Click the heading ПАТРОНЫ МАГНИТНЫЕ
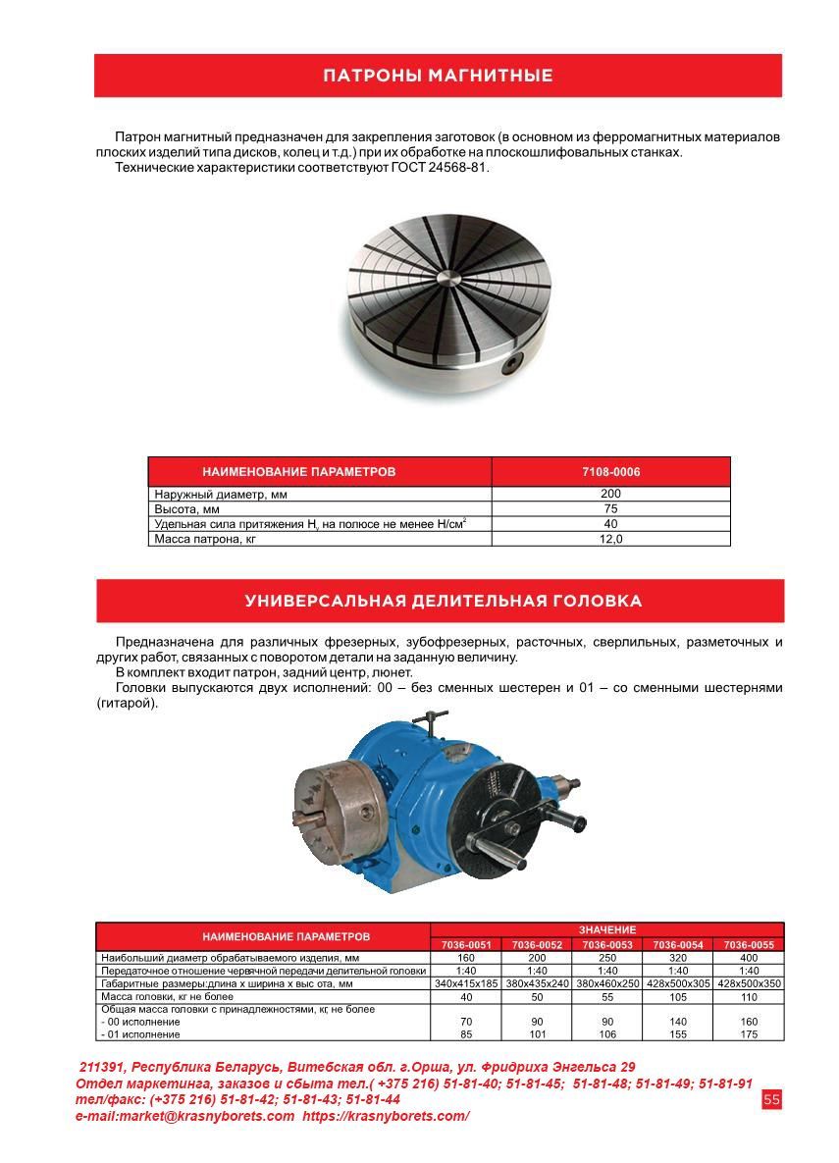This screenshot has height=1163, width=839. click(438, 76)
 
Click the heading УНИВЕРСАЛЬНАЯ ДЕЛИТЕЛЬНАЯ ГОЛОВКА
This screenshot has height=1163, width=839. click(443, 601)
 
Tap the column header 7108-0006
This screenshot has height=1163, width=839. click(610, 472)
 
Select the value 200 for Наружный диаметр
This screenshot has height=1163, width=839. click(610, 495)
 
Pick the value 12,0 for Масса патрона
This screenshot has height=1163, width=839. click(610, 539)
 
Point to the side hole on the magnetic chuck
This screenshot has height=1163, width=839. click(510, 365)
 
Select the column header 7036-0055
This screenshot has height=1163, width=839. click(749, 944)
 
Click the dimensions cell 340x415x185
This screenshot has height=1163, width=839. click(466, 982)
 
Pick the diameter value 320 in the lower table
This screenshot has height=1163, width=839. click(677, 957)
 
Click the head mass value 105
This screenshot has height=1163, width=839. click(677, 996)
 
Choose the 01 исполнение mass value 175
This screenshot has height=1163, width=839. click(749, 1033)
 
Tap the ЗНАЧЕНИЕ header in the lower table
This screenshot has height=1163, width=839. click(606, 929)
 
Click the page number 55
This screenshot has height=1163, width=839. click(771, 1100)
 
